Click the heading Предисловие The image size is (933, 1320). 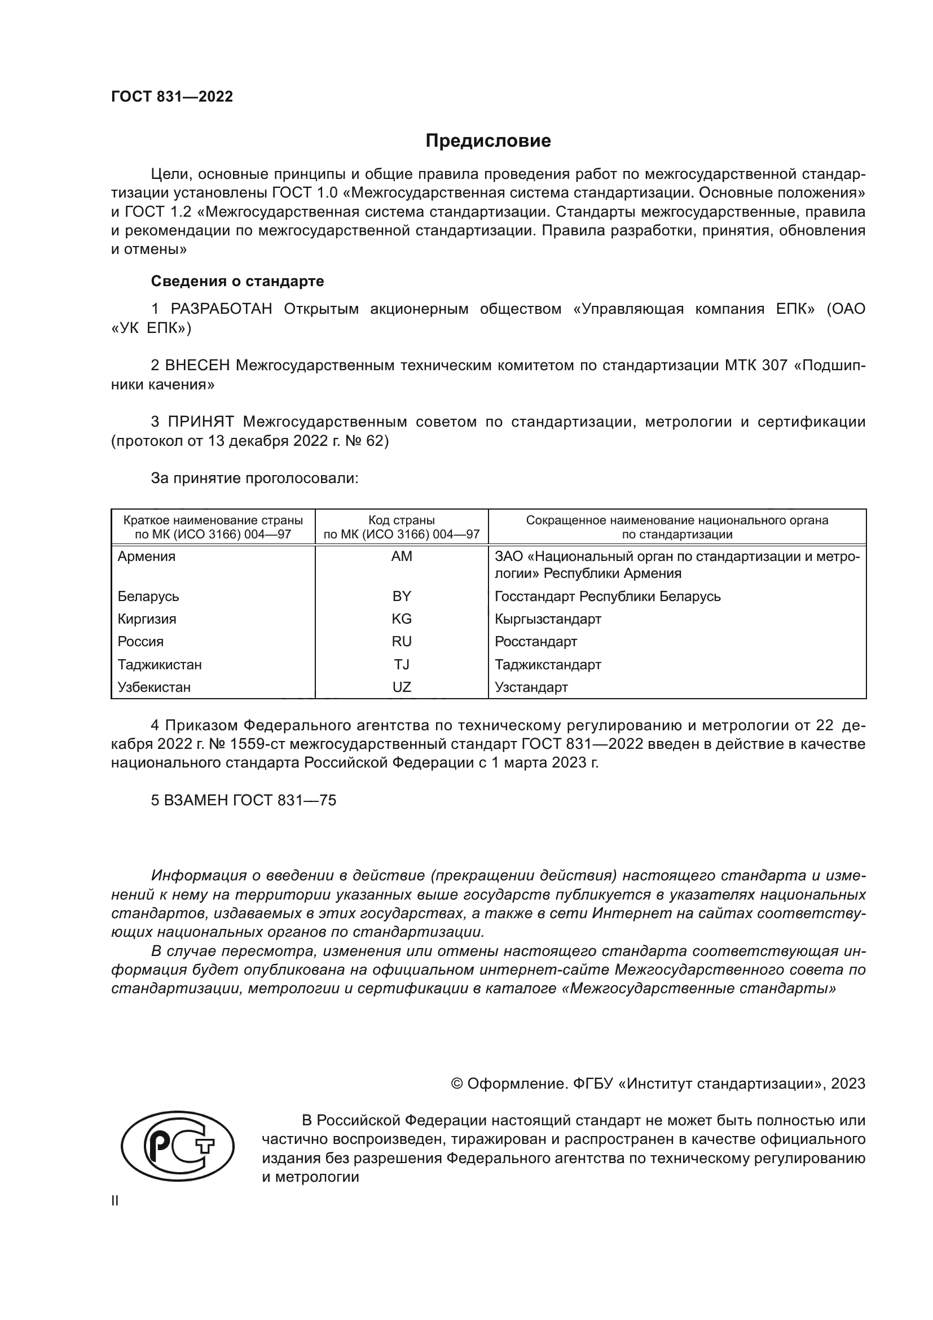point(488,141)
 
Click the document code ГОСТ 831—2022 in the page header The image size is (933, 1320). point(172,97)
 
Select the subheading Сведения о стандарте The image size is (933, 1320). point(237,281)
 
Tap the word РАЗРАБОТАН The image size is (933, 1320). point(221,309)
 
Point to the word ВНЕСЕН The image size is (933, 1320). point(197,366)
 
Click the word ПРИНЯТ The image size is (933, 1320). point(201,422)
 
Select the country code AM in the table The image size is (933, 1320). point(402,556)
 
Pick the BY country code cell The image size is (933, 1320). point(402,596)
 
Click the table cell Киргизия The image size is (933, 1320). point(147,619)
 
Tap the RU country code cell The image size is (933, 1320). point(402,642)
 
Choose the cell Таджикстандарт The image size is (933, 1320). point(548,665)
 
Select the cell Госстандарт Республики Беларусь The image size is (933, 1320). point(608,596)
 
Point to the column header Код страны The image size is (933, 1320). point(402,520)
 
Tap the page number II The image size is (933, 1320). point(115,1201)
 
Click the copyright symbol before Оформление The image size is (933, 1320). point(457,1084)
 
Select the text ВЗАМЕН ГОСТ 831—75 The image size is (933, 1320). point(244,800)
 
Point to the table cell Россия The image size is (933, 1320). point(141,642)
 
